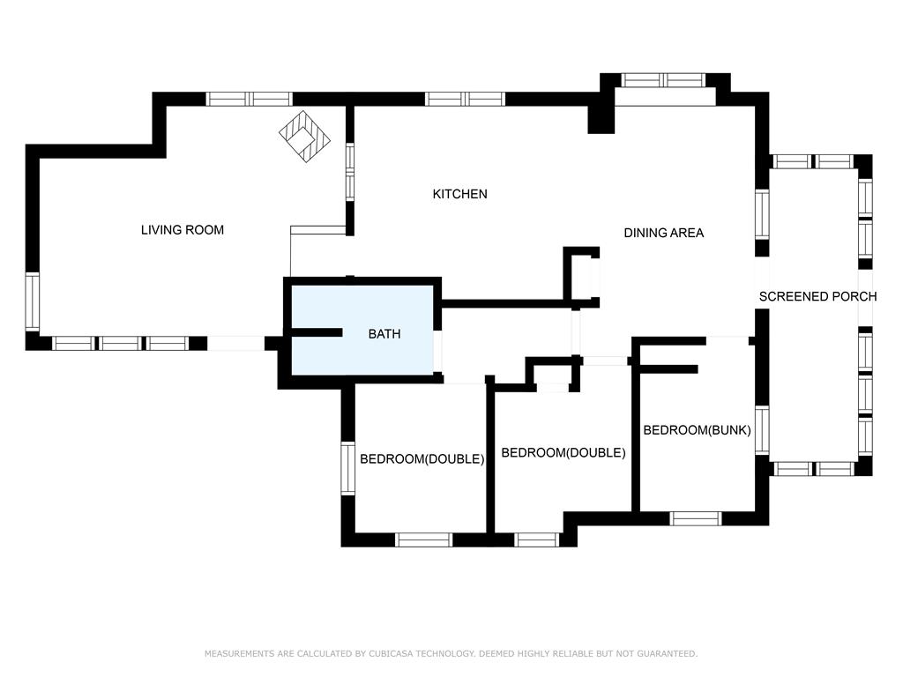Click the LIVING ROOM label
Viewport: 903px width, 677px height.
pyautogui.click(x=183, y=230)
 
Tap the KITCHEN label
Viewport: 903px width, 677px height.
pyautogui.click(x=460, y=194)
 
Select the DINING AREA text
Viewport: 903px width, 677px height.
pyautogui.click(x=664, y=233)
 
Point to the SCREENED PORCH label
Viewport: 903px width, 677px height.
pyautogui.click(x=817, y=296)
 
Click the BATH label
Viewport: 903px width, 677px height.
pyautogui.click(x=384, y=334)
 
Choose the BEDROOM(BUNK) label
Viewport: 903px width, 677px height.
pyautogui.click(x=697, y=430)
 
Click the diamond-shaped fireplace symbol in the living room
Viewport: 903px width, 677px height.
pyautogui.click(x=304, y=137)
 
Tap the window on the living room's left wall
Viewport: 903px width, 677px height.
pyautogui.click(x=33, y=302)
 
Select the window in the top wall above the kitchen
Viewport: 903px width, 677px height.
pyautogui.click(x=466, y=99)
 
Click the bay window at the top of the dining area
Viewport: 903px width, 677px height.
pyautogui.click(x=664, y=80)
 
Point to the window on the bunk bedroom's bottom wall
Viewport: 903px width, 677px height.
pyautogui.click(x=696, y=518)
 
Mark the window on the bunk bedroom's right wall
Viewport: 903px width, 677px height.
pyautogui.click(x=762, y=430)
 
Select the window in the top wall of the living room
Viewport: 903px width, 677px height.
pyautogui.click(x=250, y=99)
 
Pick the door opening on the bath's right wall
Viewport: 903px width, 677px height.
pyautogui.click(x=438, y=351)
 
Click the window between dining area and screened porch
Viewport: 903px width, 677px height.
pyautogui.click(x=762, y=215)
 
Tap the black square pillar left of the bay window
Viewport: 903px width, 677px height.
pyautogui.click(x=601, y=120)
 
